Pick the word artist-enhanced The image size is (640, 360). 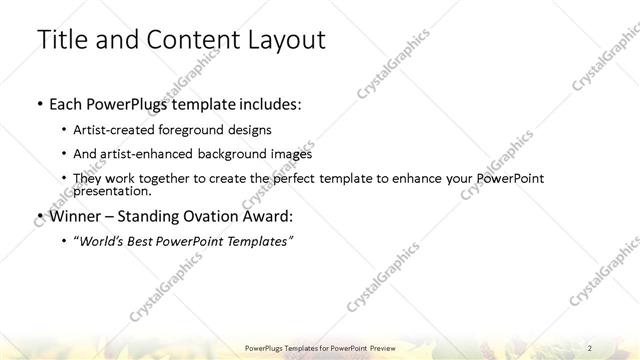(144, 154)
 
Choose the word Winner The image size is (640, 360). (75, 215)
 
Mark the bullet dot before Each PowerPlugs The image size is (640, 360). (38, 104)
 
